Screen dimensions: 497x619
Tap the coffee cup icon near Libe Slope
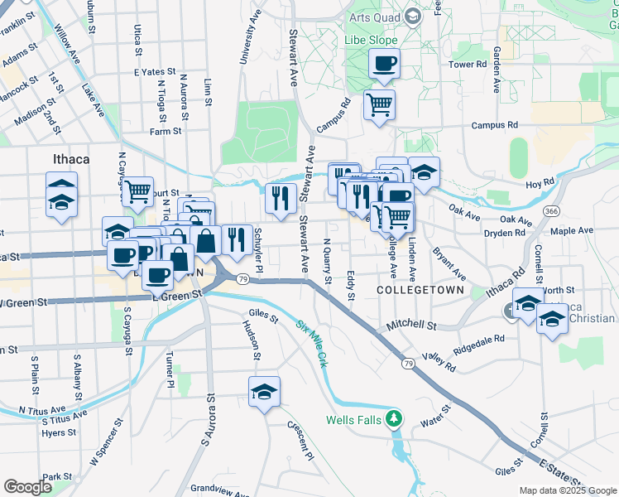click(x=384, y=63)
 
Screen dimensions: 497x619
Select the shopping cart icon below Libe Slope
click(x=379, y=104)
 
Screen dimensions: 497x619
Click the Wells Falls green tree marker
click(x=396, y=419)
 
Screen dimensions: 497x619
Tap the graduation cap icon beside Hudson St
click(x=264, y=392)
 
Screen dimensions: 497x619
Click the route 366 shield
click(x=551, y=211)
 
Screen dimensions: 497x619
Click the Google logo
click(x=27, y=487)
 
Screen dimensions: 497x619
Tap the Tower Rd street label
click(x=468, y=65)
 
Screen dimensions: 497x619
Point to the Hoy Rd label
click(x=538, y=183)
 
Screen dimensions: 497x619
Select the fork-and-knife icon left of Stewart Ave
click(x=281, y=197)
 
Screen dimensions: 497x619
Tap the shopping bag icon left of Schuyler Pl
click(x=205, y=241)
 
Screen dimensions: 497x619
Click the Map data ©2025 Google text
click(x=567, y=490)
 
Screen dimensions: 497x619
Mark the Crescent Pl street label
click(x=300, y=443)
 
